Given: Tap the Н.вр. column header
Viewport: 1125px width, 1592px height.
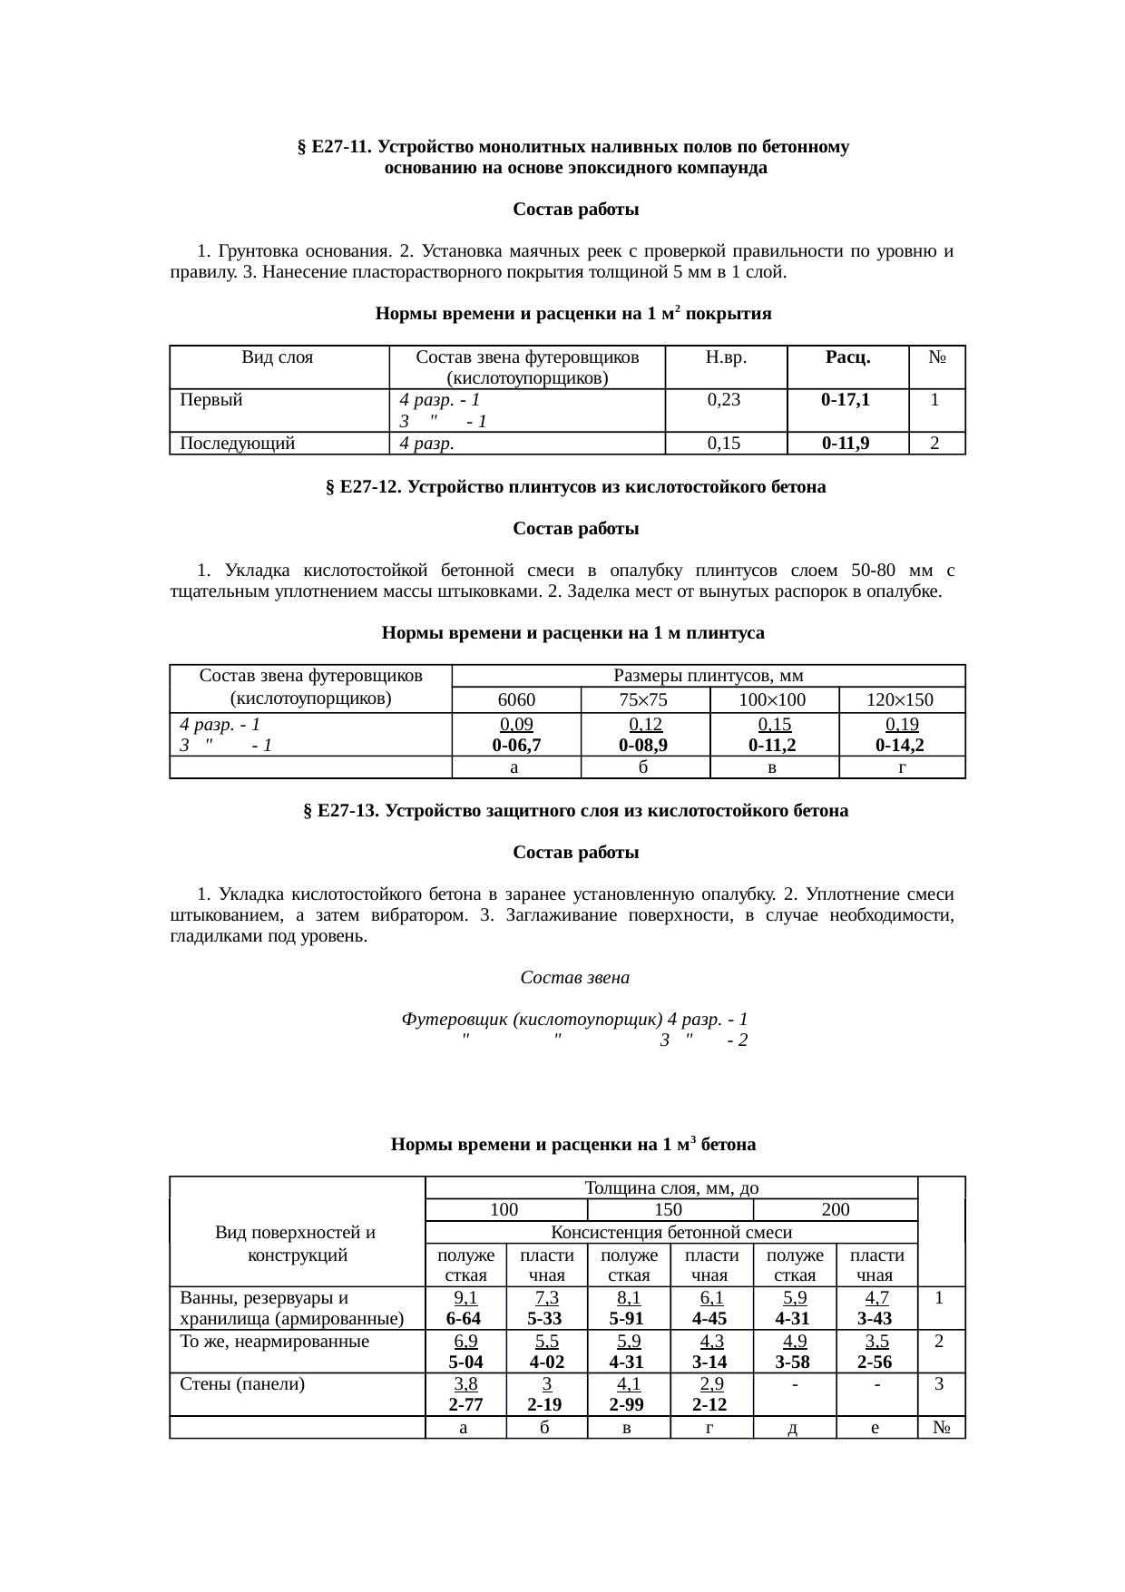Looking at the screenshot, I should tap(725, 357).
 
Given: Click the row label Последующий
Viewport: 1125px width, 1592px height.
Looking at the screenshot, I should tap(238, 444).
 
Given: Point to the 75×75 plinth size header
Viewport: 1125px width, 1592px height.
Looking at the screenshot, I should tap(644, 699).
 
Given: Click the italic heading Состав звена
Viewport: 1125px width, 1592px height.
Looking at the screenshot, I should tap(574, 978).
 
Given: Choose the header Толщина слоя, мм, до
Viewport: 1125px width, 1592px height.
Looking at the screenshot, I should tap(671, 1187).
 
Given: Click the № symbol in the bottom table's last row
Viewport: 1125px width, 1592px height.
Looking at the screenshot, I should tap(940, 1428).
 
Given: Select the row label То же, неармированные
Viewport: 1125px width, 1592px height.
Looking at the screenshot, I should tap(275, 1341).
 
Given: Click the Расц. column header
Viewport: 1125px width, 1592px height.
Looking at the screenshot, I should tap(847, 357).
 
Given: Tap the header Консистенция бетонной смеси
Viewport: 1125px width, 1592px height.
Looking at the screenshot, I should tap(671, 1232).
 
